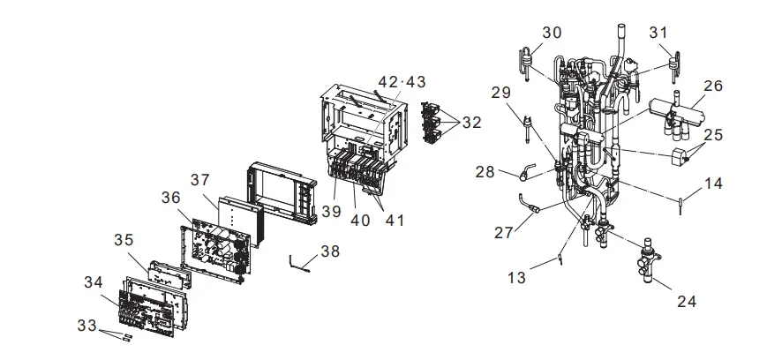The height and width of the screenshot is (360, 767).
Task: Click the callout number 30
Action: pyautogui.click(x=552, y=33)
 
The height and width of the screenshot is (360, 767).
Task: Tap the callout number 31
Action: pyautogui.click(x=659, y=32)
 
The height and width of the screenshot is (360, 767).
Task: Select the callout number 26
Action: pyautogui.click(x=713, y=86)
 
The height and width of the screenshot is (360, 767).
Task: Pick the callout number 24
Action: pyautogui.click(x=687, y=301)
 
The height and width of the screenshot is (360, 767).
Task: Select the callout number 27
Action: pyautogui.click(x=505, y=232)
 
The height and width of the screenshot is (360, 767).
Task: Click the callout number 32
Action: pyautogui.click(x=471, y=123)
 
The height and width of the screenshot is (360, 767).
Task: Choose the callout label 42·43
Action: pyautogui.click(x=402, y=81)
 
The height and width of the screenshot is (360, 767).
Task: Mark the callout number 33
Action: pyautogui.click(x=86, y=326)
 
